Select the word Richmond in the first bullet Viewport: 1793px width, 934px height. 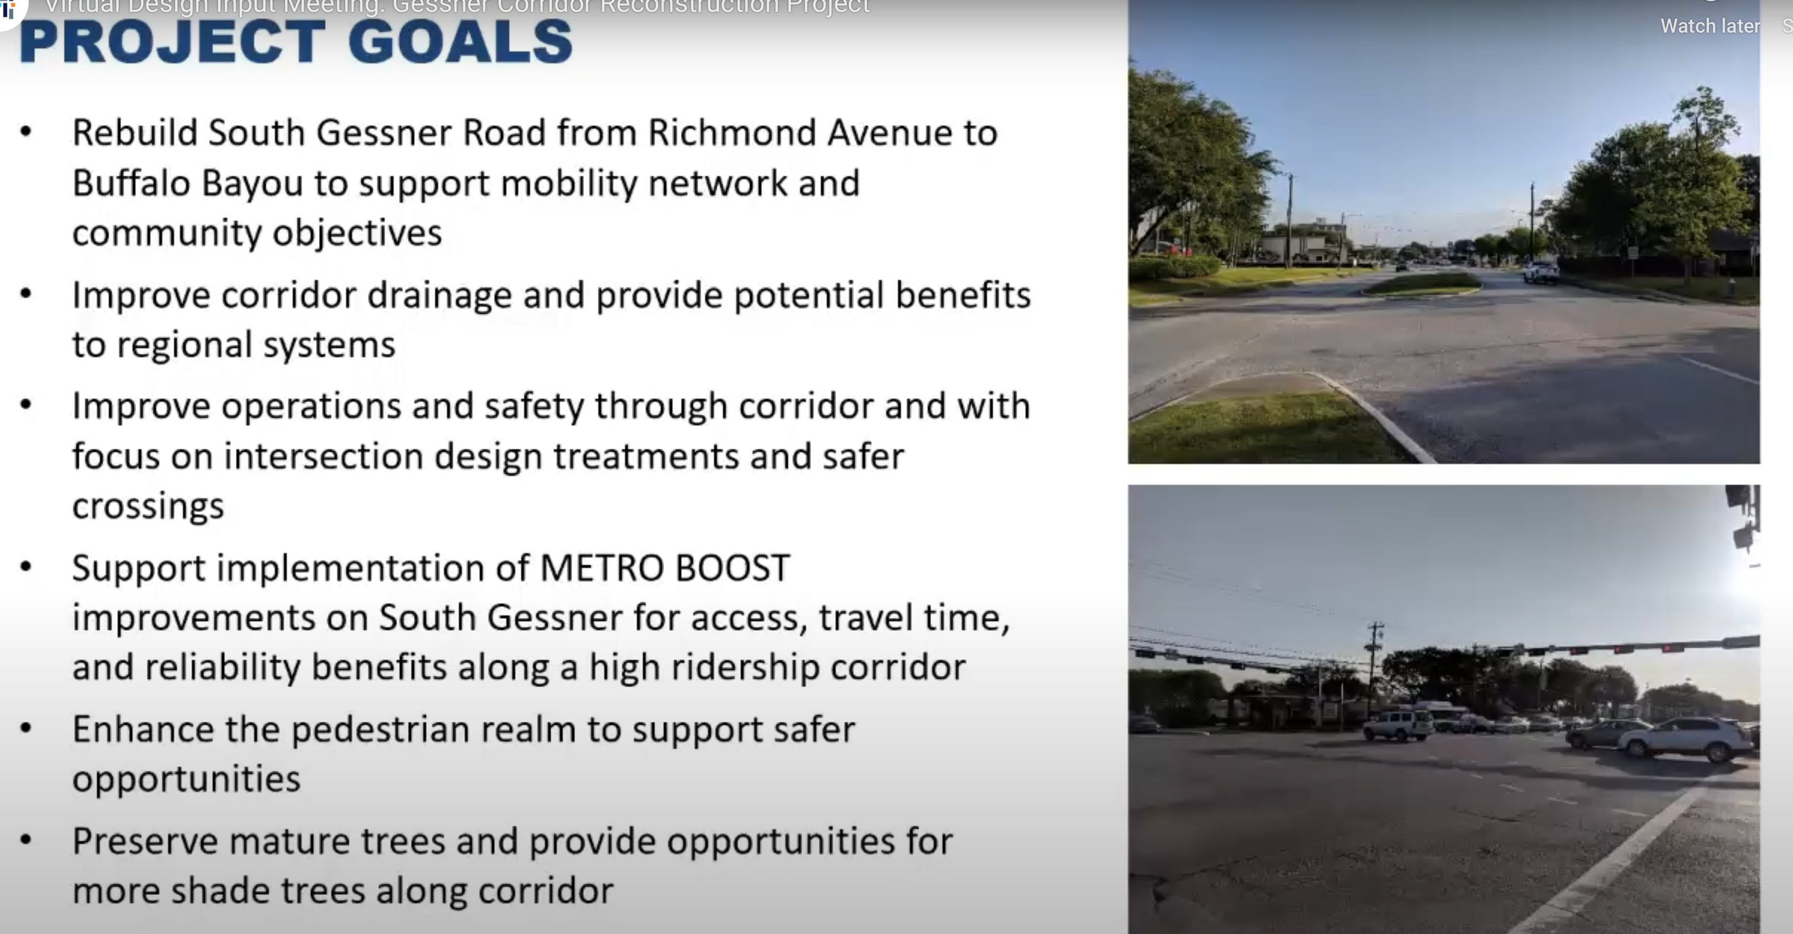click(732, 133)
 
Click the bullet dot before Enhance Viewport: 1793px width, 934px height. click(26, 729)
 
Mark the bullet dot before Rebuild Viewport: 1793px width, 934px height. click(26, 131)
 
